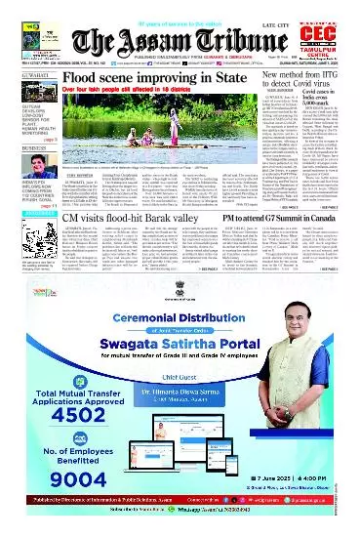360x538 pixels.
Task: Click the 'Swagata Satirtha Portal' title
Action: pyautogui.click(x=184, y=373)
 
